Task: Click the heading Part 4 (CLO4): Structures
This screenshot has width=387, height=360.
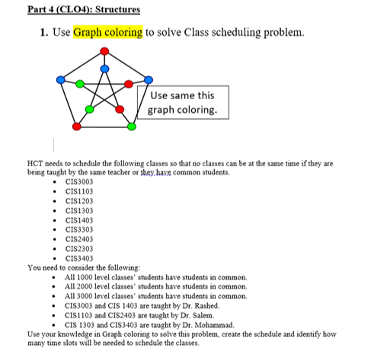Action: point(73,10)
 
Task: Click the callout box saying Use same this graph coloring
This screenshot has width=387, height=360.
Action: point(182,102)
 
